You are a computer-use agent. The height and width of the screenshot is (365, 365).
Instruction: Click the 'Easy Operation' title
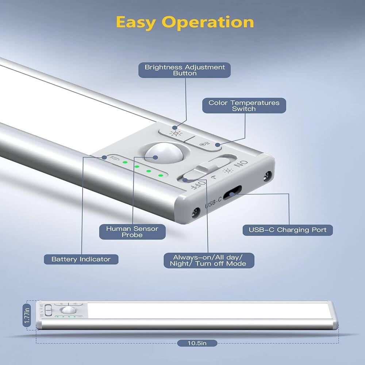click(x=185, y=22)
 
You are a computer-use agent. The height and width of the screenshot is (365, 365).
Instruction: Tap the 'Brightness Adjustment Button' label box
click(x=185, y=70)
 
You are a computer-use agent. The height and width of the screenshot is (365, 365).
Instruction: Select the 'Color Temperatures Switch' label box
click(x=244, y=105)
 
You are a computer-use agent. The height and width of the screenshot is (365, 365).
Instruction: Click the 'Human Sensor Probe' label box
click(x=132, y=232)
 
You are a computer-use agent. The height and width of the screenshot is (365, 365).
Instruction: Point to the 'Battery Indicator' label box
click(x=81, y=259)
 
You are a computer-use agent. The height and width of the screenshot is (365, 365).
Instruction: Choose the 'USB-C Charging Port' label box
click(x=288, y=230)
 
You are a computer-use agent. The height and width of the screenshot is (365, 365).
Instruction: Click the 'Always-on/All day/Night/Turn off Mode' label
click(x=209, y=260)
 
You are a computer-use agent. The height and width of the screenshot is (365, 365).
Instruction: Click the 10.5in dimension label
click(x=197, y=343)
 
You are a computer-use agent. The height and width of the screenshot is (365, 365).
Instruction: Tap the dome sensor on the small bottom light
click(x=69, y=310)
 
